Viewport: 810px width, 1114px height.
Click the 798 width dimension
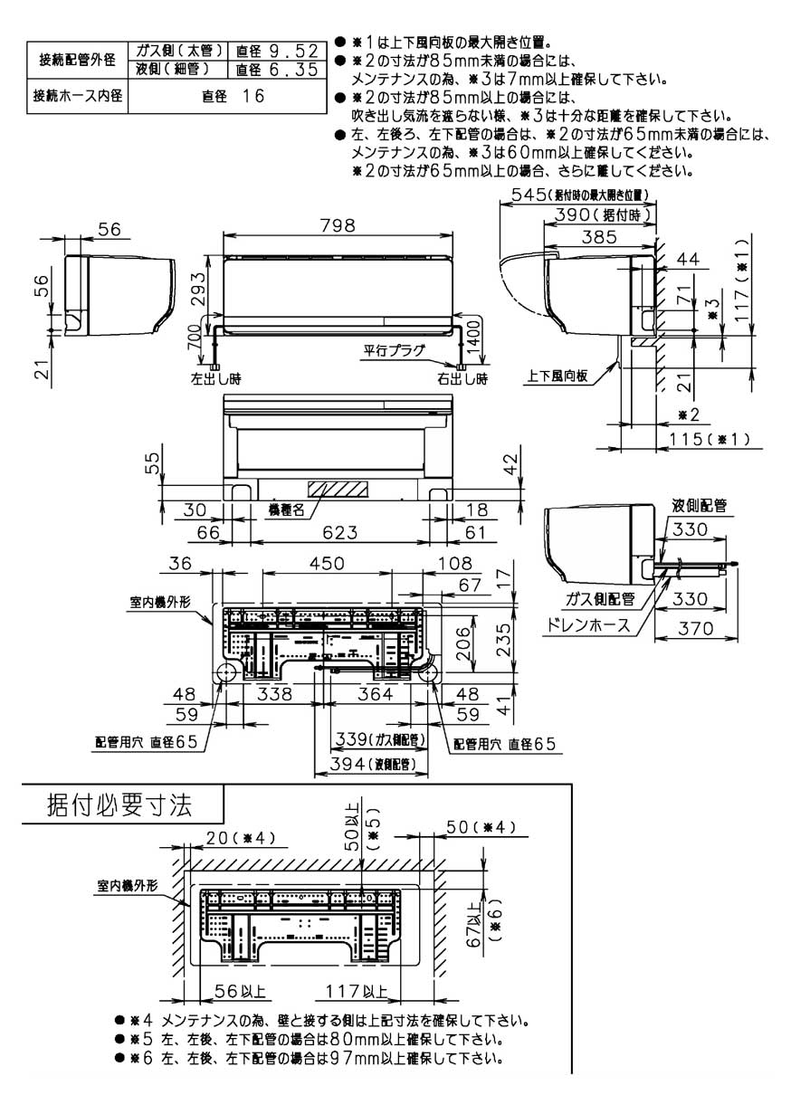tap(338, 226)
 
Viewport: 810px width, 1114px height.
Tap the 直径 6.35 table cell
tap(275, 69)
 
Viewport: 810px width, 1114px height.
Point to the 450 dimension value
tap(327, 563)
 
